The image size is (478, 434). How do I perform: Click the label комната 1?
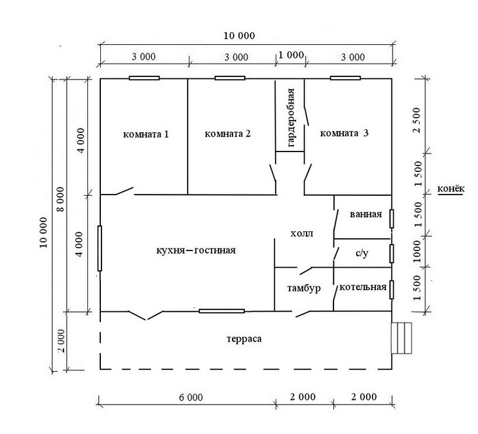146,134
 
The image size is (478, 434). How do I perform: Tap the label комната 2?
227,134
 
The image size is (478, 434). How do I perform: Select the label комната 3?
344,133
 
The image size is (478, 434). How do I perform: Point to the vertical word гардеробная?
291,117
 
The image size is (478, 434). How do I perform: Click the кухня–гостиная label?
196,250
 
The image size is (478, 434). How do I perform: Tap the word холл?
301,234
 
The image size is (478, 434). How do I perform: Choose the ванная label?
366,214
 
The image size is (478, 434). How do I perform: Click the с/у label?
362,253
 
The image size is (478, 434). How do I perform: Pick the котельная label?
363,287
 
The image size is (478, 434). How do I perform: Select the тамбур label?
304,288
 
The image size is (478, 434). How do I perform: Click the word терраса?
244,339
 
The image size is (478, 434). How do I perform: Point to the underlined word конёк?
451,189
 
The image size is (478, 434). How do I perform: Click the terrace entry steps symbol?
402,338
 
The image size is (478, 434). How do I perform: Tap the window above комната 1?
144,78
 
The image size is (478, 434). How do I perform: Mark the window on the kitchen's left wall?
100,248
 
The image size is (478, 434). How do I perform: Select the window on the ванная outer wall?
392,218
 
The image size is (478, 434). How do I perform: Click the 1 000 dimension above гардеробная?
291,55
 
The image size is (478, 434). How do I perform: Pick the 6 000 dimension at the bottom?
191,397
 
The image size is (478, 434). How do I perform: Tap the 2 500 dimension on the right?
416,120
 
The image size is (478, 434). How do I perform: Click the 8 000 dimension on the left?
61,199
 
